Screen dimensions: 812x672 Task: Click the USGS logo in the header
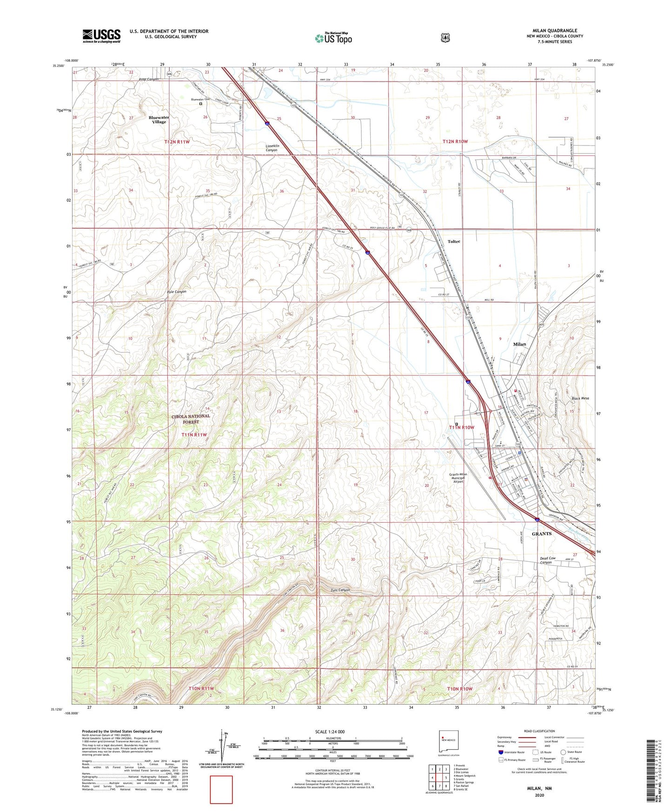[101, 36]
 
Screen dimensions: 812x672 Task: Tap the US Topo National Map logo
[333, 38]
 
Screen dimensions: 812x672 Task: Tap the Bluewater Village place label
[159, 120]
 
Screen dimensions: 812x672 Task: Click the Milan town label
[519, 345]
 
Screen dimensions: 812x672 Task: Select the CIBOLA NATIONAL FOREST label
[191, 419]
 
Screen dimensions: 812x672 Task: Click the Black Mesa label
[580, 399]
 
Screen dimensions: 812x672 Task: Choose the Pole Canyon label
[176, 292]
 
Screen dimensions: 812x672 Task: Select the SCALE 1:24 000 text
[330, 732]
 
